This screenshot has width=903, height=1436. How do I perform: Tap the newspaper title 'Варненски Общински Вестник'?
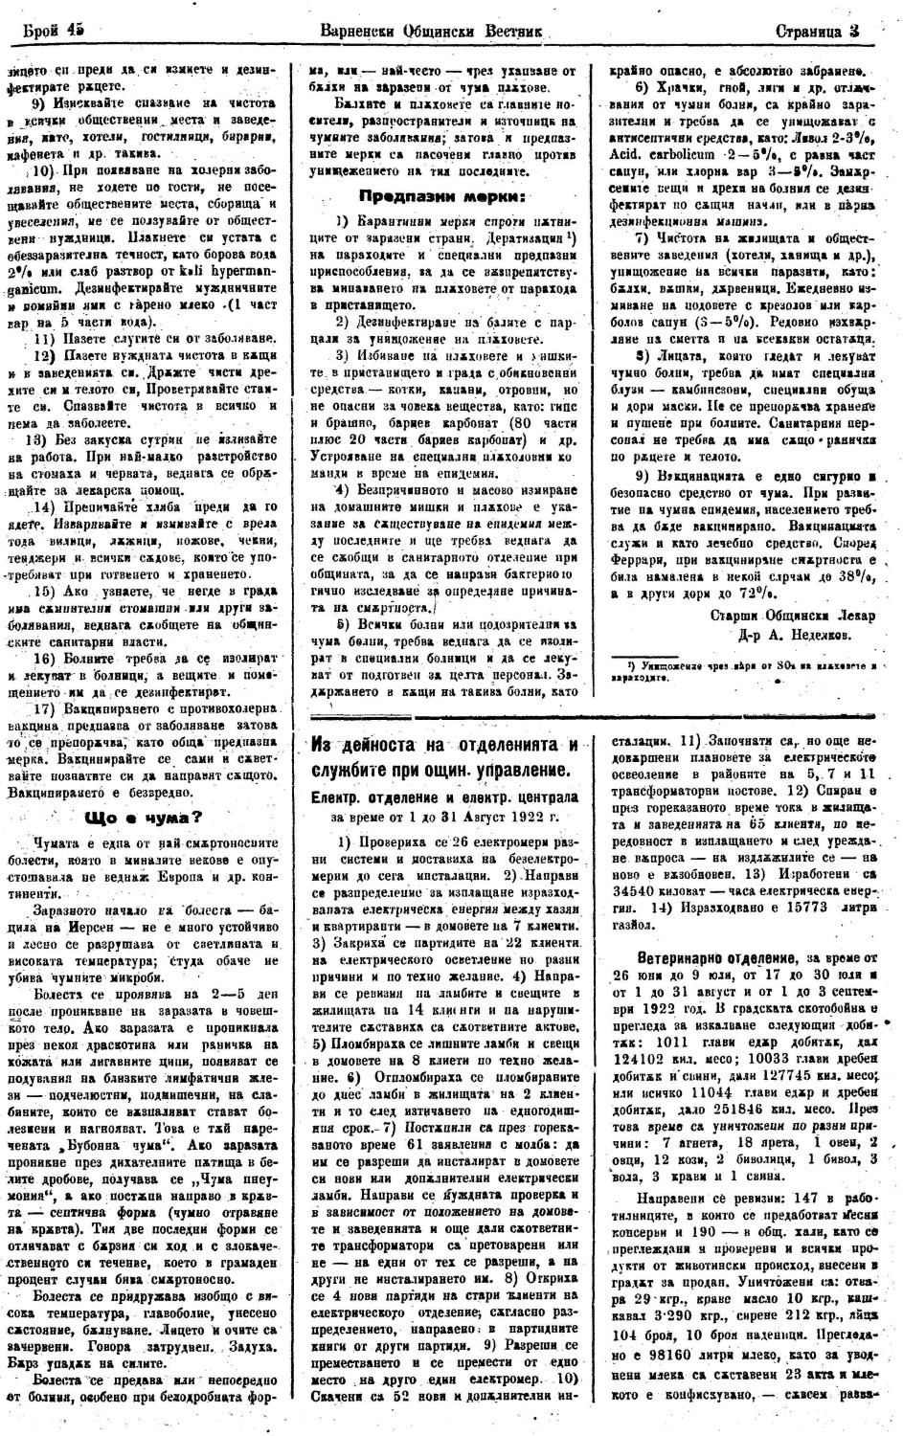[433, 31]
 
